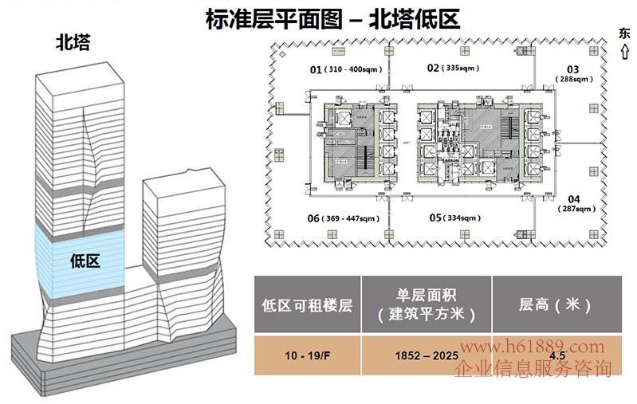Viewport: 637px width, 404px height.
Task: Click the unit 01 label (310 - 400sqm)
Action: pyautogui.click(x=347, y=70)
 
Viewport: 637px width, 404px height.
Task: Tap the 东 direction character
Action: pyautogui.click(x=623, y=33)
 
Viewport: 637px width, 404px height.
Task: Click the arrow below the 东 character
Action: pyautogui.click(x=623, y=53)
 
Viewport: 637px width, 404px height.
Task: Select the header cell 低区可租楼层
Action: pyautogui.click(x=307, y=304)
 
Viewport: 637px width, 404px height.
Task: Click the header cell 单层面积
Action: pyautogui.click(x=426, y=304)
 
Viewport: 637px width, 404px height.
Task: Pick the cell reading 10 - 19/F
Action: pyautogui.click(x=307, y=355)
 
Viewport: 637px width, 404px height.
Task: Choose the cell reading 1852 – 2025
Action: pyautogui.click(x=426, y=355)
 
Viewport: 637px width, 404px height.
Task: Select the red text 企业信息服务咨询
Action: pyautogui.click(x=533, y=369)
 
